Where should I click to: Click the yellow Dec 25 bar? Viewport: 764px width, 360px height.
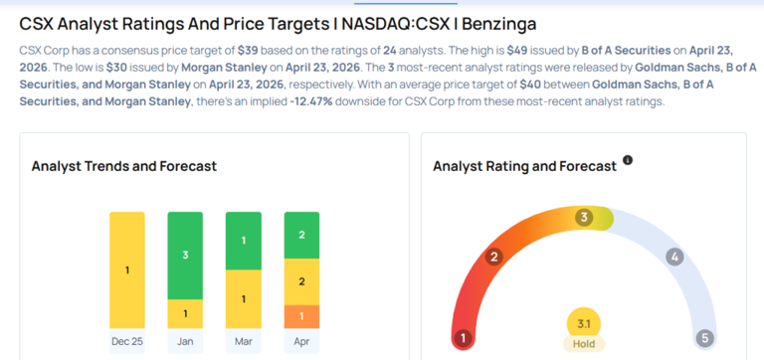(127, 270)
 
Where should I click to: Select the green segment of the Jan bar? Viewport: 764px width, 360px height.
(185, 256)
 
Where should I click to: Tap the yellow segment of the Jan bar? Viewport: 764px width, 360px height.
(185, 313)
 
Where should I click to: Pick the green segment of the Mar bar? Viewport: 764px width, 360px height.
(243, 241)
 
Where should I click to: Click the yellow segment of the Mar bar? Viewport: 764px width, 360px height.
(243, 299)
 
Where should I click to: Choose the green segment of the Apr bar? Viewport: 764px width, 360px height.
(301, 235)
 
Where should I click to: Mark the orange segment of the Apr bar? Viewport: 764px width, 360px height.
(301, 316)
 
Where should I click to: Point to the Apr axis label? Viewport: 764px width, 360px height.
(301, 341)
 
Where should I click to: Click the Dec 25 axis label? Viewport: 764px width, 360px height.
(127, 341)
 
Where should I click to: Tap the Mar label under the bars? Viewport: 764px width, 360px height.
(243, 341)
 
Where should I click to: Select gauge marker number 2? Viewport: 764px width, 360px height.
(493, 257)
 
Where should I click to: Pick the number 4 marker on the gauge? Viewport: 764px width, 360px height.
(674, 257)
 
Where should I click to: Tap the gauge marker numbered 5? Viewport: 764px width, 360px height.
(704, 337)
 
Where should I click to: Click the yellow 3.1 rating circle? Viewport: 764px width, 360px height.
(584, 324)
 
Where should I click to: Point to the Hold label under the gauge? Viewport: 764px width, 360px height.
(584, 344)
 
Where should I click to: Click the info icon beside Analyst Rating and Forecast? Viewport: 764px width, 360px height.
(628, 160)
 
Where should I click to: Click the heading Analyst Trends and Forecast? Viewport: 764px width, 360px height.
(124, 166)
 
